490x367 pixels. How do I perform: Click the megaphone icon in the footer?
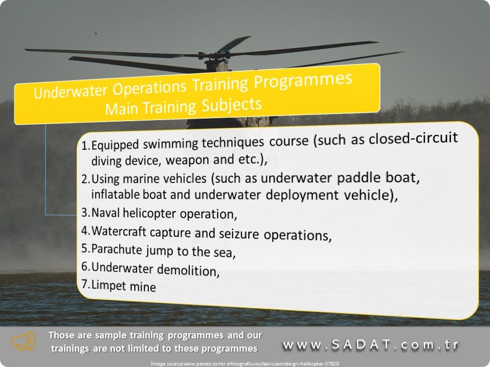pyautogui.click(x=24, y=341)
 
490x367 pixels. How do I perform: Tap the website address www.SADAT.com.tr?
pyautogui.click(x=371, y=345)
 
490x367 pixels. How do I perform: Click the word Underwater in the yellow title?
pyautogui.click(x=71, y=91)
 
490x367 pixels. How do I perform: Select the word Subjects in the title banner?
pyautogui.click(x=232, y=105)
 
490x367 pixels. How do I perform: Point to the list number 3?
pyautogui.click(x=85, y=212)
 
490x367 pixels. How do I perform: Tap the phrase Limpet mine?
pyautogui.click(x=124, y=286)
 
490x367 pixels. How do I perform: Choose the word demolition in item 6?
pyautogui.click(x=188, y=270)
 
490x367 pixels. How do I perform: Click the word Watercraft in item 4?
pyautogui.click(x=119, y=232)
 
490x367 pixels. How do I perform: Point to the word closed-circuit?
pyautogui.click(x=413, y=137)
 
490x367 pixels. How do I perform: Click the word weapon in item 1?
pyautogui.click(x=187, y=160)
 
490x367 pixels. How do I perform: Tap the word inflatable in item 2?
pyautogui.click(x=116, y=194)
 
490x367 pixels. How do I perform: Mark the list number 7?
pyautogui.click(x=85, y=284)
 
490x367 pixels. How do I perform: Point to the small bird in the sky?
pyautogui.click(x=96, y=33)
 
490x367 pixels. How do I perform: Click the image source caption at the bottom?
pyautogui.click(x=244, y=363)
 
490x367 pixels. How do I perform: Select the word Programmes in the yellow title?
pyautogui.click(x=303, y=81)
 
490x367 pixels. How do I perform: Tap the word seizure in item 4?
pyautogui.click(x=239, y=234)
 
